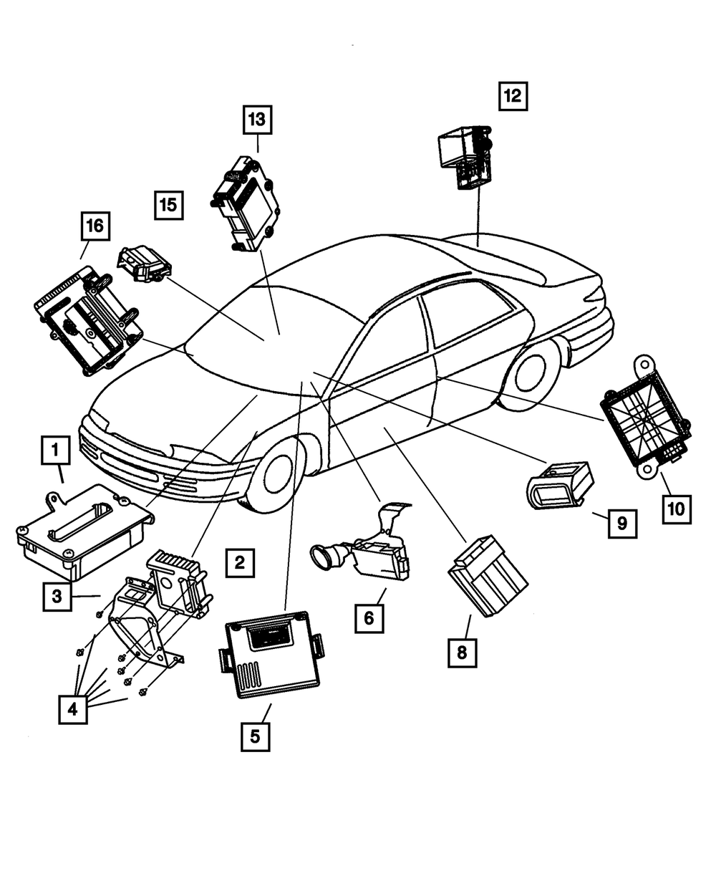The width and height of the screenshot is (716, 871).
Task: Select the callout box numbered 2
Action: click(x=239, y=562)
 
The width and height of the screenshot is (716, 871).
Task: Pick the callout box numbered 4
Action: click(x=73, y=710)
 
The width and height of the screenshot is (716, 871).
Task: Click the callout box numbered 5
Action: click(x=256, y=736)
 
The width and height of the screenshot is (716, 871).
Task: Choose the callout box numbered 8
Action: click(x=462, y=652)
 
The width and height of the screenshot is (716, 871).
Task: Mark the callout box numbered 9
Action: click(x=622, y=524)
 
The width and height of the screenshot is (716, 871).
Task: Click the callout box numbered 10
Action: click(x=676, y=509)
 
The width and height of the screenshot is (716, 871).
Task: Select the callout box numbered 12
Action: click(x=513, y=95)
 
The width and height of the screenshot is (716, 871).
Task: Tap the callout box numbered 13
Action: click(x=257, y=119)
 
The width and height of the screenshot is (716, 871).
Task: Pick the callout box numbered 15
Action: click(x=168, y=206)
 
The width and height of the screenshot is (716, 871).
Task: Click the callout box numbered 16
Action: click(x=95, y=226)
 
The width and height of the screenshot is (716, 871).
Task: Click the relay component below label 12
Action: click(x=466, y=155)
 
